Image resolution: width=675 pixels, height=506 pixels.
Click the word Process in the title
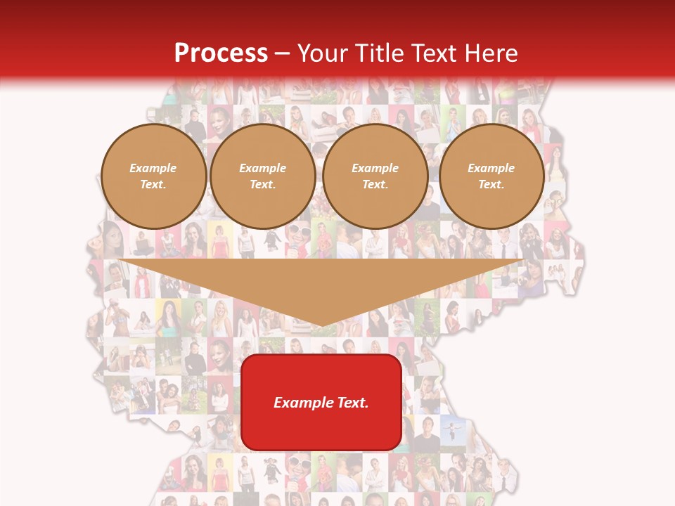[x=221, y=53]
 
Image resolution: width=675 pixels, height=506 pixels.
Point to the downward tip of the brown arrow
[x=322, y=325]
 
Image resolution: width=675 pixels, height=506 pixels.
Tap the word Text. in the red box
[x=353, y=403]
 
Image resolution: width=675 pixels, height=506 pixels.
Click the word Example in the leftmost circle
[x=153, y=169]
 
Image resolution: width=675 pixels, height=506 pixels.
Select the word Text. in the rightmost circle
[x=491, y=185]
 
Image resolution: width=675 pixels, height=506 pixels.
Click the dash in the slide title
[x=283, y=53]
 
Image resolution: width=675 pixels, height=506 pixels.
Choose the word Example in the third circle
[x=375, y=169]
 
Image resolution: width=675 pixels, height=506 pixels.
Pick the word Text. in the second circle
[x=263, y=185]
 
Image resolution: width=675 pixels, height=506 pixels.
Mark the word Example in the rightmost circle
[x=491, y=169]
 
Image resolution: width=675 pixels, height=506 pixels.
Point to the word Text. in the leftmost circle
[x=153, y=185]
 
